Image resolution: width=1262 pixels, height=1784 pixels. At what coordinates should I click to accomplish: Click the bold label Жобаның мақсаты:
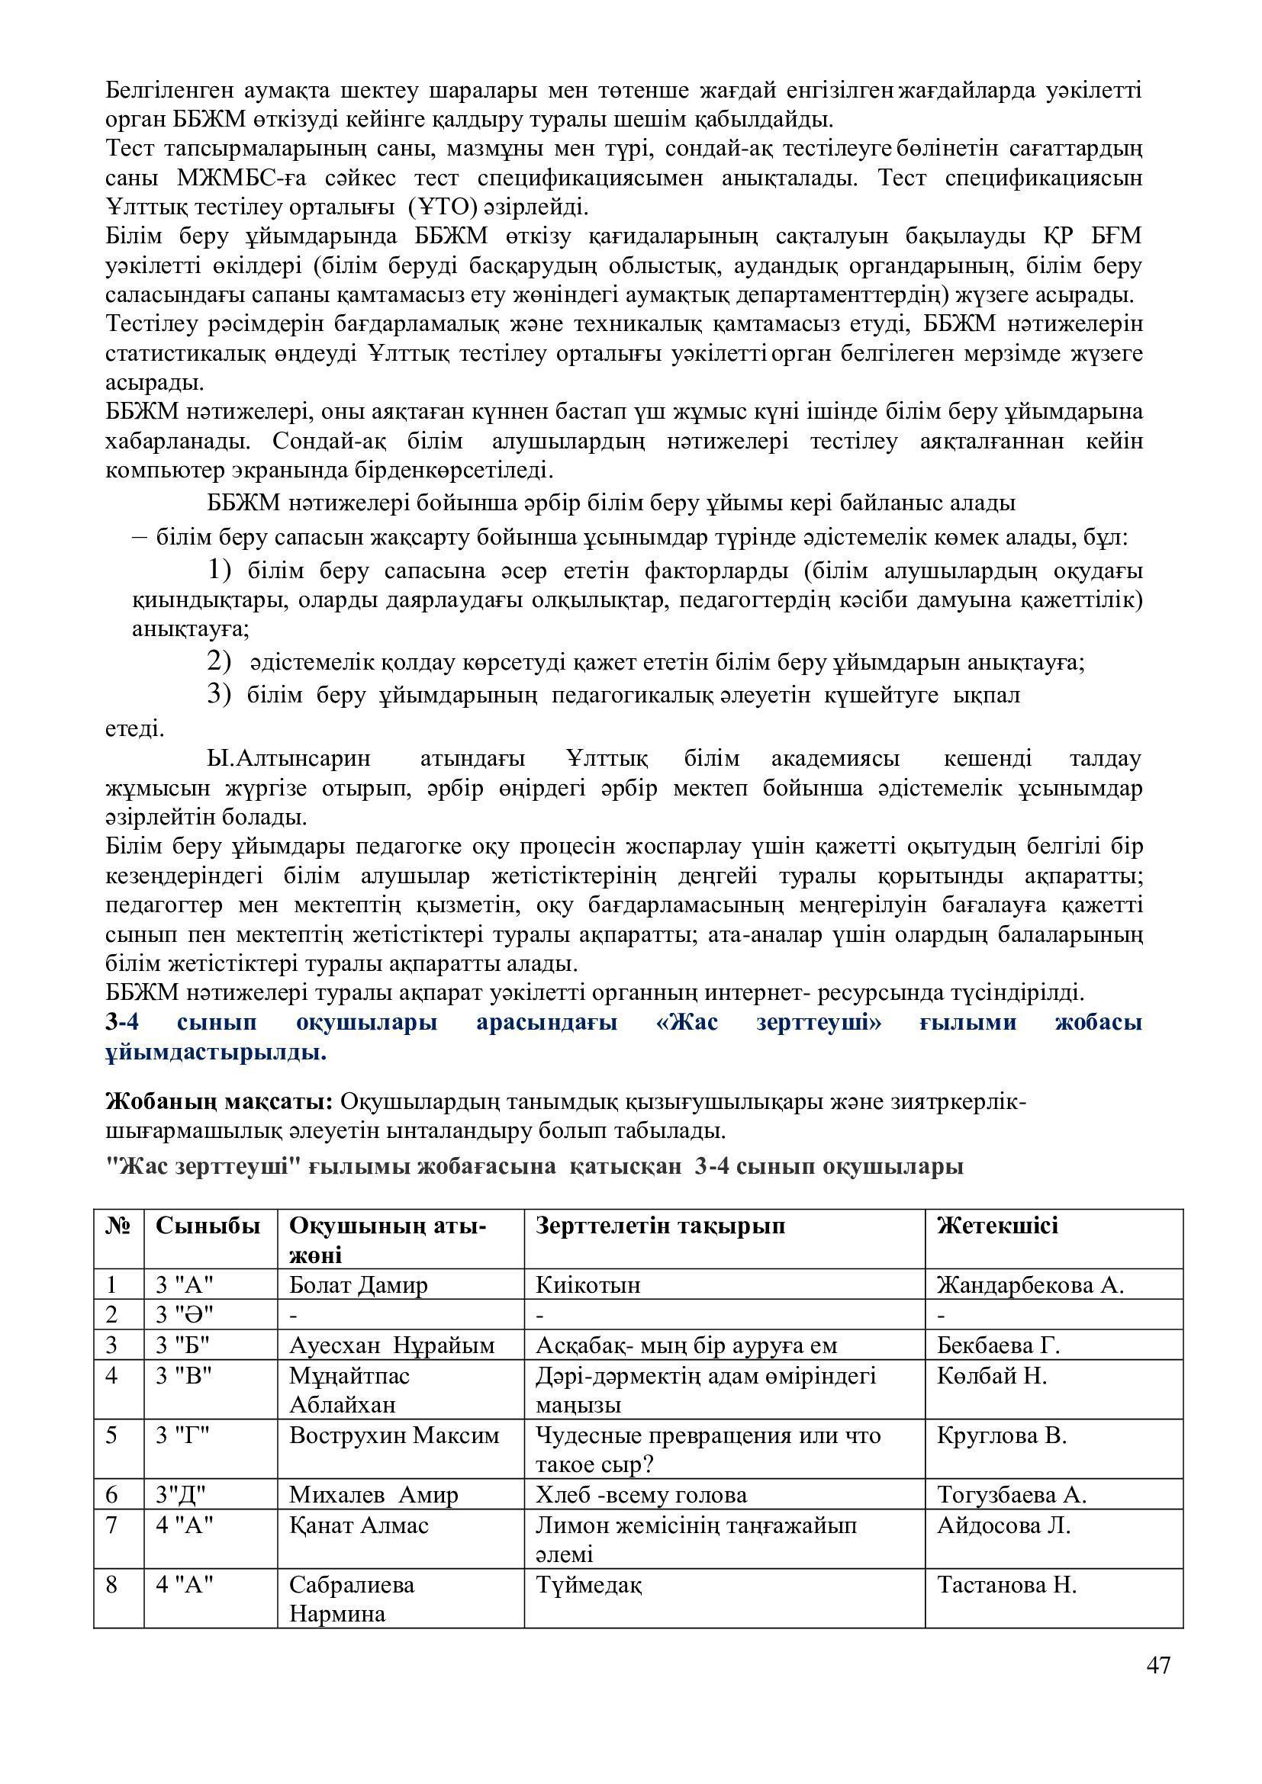pyautogui.click(x=219, y=1102)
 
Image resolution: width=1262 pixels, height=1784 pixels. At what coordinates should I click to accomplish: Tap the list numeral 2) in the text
pyautogui.click(x=219, y=662)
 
